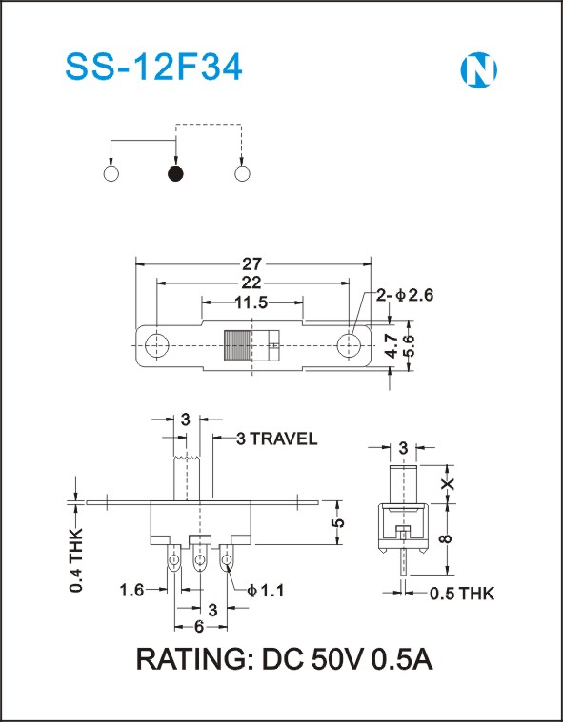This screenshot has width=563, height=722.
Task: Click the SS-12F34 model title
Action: coord(153,68)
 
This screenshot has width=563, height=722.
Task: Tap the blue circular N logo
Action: coord(478,70)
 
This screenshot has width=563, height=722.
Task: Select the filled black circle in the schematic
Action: coord(175,174)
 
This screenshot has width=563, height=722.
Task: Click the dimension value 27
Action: coord(252,264)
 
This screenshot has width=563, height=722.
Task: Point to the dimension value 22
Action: coord(251,283)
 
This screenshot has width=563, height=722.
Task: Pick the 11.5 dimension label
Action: coord(251,302)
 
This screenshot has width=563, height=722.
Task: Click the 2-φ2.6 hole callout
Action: coord(405,295)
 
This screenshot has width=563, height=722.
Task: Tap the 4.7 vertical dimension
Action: coord(392,345)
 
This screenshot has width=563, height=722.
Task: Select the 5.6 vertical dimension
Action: coord(409,345)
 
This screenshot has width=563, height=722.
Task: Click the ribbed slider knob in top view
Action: coord(237,345)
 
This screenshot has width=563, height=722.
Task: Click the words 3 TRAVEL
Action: coord(276,439)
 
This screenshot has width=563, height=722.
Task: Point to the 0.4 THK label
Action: coord(76,560)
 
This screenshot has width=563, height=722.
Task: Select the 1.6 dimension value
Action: coord(131,590)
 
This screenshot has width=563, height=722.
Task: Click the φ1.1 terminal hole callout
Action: coord(265,591)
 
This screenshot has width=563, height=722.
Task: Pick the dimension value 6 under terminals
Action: coord(199,627)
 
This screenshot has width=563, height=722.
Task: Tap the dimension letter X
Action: coord(448,483)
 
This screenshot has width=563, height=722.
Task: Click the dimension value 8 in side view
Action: coord(448,537)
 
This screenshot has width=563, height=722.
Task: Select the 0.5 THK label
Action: coord(462,594)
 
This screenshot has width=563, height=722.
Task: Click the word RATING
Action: coord(191,660)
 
